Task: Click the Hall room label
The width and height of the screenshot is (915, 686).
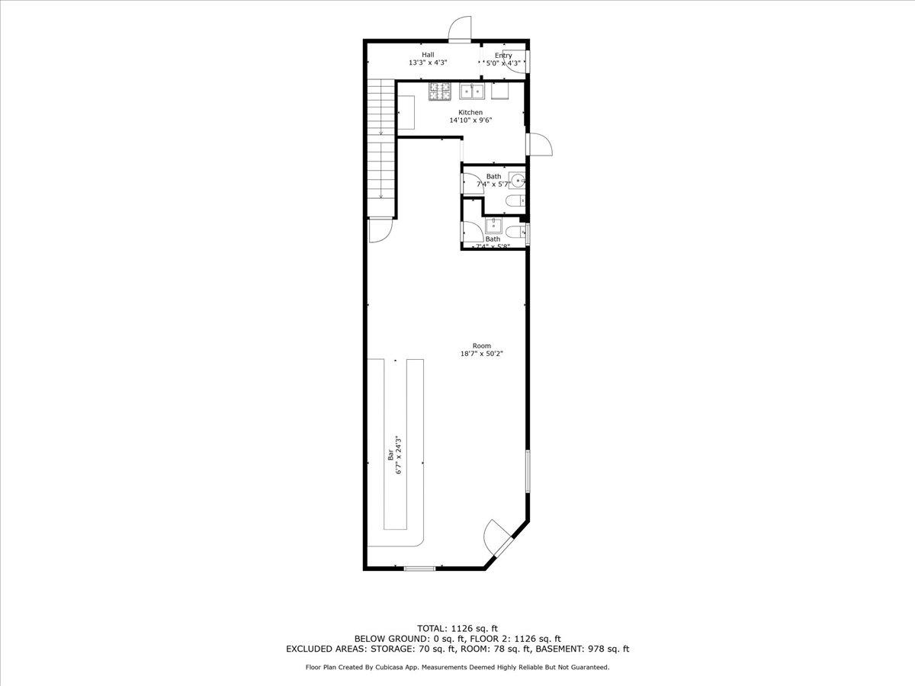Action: pyautogui.click(x=428, y=55)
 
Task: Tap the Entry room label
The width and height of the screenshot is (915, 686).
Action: pyautogui.click(x=503, y=56)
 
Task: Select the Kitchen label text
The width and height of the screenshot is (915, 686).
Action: pyautogui.click(x=470, y=113)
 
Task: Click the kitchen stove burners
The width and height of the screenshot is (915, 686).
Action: pyautogui.click(x=441, y=91)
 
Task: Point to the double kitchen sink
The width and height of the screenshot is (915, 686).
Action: pyautogui.click(x=473, y=91)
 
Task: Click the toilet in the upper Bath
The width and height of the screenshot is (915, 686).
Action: pyautogui.click(x=514, y=200)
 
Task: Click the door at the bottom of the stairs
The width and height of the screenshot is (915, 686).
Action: pyautogui.click(x=379, y=229)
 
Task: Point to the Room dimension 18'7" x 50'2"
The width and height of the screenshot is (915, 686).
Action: pyautogui.click(x=482, y=354)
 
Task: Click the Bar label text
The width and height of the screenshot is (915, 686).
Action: pyautogui.click(x=390, y=456)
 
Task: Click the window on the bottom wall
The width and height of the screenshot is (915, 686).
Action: pyautogui.click(x=419, y=569)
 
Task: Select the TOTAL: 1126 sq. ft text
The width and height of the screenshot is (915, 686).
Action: pyautogui.click(x=457, y=628)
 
